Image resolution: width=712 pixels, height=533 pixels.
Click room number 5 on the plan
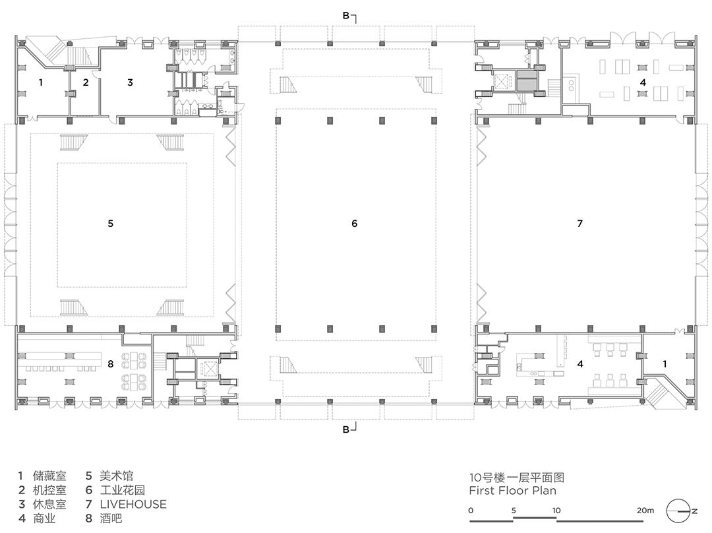coord(110,223)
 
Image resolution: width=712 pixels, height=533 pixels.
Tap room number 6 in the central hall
coord(355,223)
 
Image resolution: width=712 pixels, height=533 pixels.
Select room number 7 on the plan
coord(579,223)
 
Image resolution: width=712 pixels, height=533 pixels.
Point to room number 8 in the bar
coord(110,364)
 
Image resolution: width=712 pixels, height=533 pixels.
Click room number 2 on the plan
coord(85,82)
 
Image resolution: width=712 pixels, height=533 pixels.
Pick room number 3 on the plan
coord(130,82)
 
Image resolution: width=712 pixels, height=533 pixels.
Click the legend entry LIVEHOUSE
coord(133,504)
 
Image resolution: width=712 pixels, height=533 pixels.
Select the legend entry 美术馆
coord(116,476)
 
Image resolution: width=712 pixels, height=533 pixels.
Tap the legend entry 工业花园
coord(122,490)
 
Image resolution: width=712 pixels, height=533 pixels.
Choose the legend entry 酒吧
coord(111,518)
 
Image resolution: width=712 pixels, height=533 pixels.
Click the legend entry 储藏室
coord(49,476)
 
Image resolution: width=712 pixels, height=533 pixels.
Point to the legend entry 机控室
coord(49,490)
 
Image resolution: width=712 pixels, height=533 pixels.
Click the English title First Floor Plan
coord(513,490)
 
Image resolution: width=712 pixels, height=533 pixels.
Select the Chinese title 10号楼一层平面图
coord(517,477)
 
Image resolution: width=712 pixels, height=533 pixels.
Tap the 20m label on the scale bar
coord(645,511)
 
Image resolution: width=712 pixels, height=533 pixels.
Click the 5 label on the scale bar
coord(514,511)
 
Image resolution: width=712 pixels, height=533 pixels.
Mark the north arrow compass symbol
coord(680,511)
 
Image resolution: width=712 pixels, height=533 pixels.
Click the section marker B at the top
coord(346,16)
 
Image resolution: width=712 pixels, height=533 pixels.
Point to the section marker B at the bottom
coord(346,429)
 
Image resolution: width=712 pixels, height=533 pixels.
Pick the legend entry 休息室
coord(49,504)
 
